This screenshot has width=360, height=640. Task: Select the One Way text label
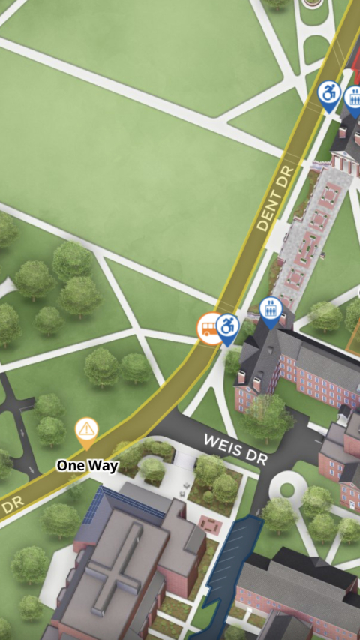(87, 466)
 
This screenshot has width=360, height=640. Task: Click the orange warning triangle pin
(87, 431)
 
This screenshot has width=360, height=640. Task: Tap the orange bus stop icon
(210, 328)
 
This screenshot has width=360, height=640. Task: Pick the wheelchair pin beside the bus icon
(227, 327)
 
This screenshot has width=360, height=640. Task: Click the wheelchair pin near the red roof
(328, 94)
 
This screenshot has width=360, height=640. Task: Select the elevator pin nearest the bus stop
(270, 309)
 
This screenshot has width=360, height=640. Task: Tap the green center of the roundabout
(286, 490)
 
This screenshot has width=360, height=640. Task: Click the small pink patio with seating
(211, 524)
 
